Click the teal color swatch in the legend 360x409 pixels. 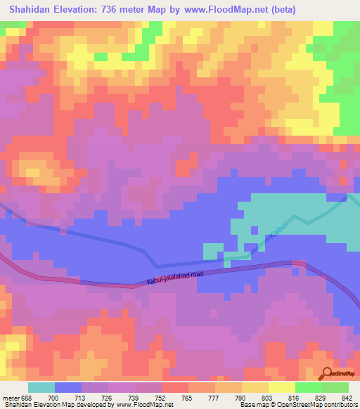41,387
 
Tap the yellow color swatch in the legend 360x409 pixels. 281,387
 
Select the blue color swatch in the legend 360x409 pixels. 67,387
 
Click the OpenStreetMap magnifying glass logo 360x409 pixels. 326,374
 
